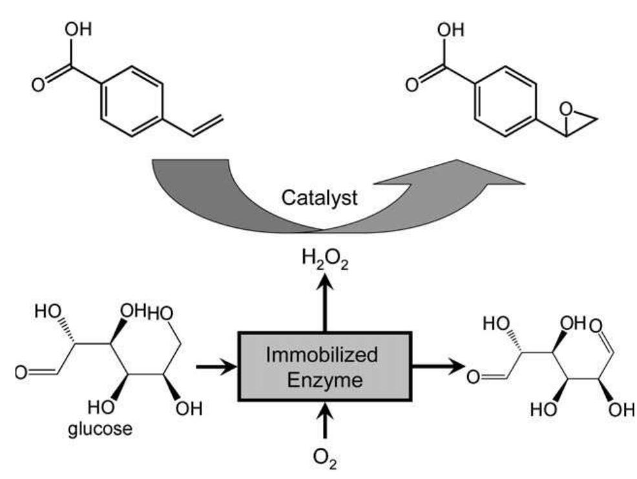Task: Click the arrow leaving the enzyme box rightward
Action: pyautogui.click(x=439, y=367)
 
